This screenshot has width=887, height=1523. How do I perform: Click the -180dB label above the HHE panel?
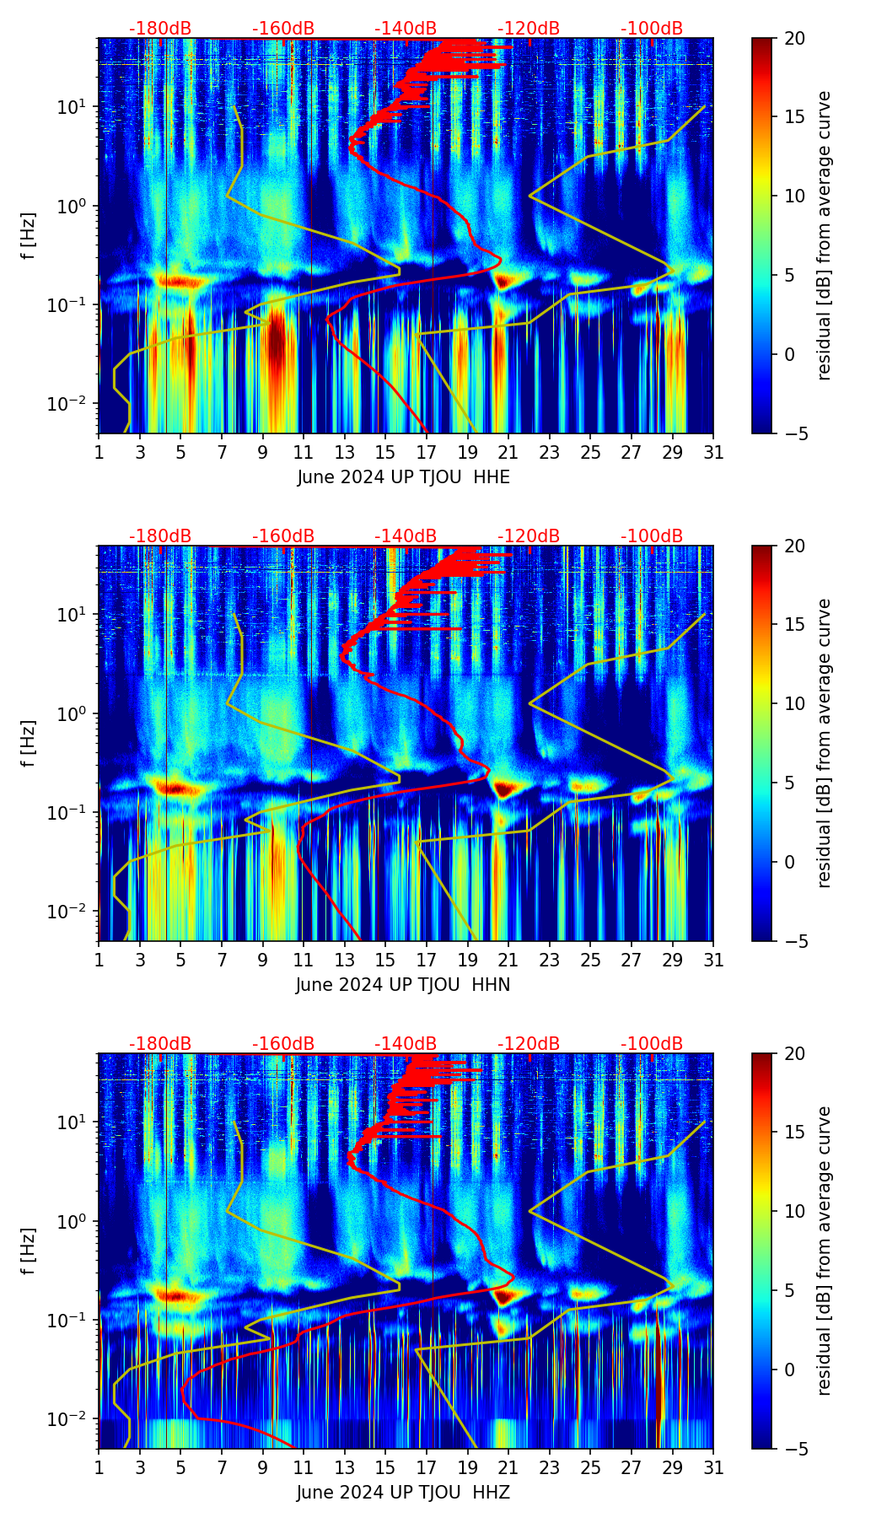tap(160, 29)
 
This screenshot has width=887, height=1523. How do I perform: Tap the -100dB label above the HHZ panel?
tap(652, 1044)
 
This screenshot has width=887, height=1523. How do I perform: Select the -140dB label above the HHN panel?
tap(406, 536)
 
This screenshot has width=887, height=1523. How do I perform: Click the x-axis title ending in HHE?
tap(403, 477)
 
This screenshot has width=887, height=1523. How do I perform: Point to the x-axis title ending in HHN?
tap(403, 985)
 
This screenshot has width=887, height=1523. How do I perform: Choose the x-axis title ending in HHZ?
tap(403, 1493)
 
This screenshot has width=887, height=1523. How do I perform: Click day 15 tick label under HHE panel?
tap(385, 453)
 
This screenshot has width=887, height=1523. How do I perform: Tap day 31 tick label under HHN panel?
tap(713, 961)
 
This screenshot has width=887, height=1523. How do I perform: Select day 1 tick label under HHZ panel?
tap(99, 1468)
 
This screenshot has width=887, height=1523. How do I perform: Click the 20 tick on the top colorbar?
tap(795, 38)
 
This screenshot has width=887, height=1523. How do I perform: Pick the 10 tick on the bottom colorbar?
tap(795, 1212)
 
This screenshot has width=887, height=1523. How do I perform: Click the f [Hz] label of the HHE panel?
tap(30, 235)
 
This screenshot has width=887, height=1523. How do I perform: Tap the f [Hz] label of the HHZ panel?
tap(30, 1251)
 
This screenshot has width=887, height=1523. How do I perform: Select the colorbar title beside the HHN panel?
tap(824, 743)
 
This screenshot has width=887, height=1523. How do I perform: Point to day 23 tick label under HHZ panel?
tap(549, 1468)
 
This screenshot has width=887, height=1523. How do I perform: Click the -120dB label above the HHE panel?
tap(529, 29)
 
